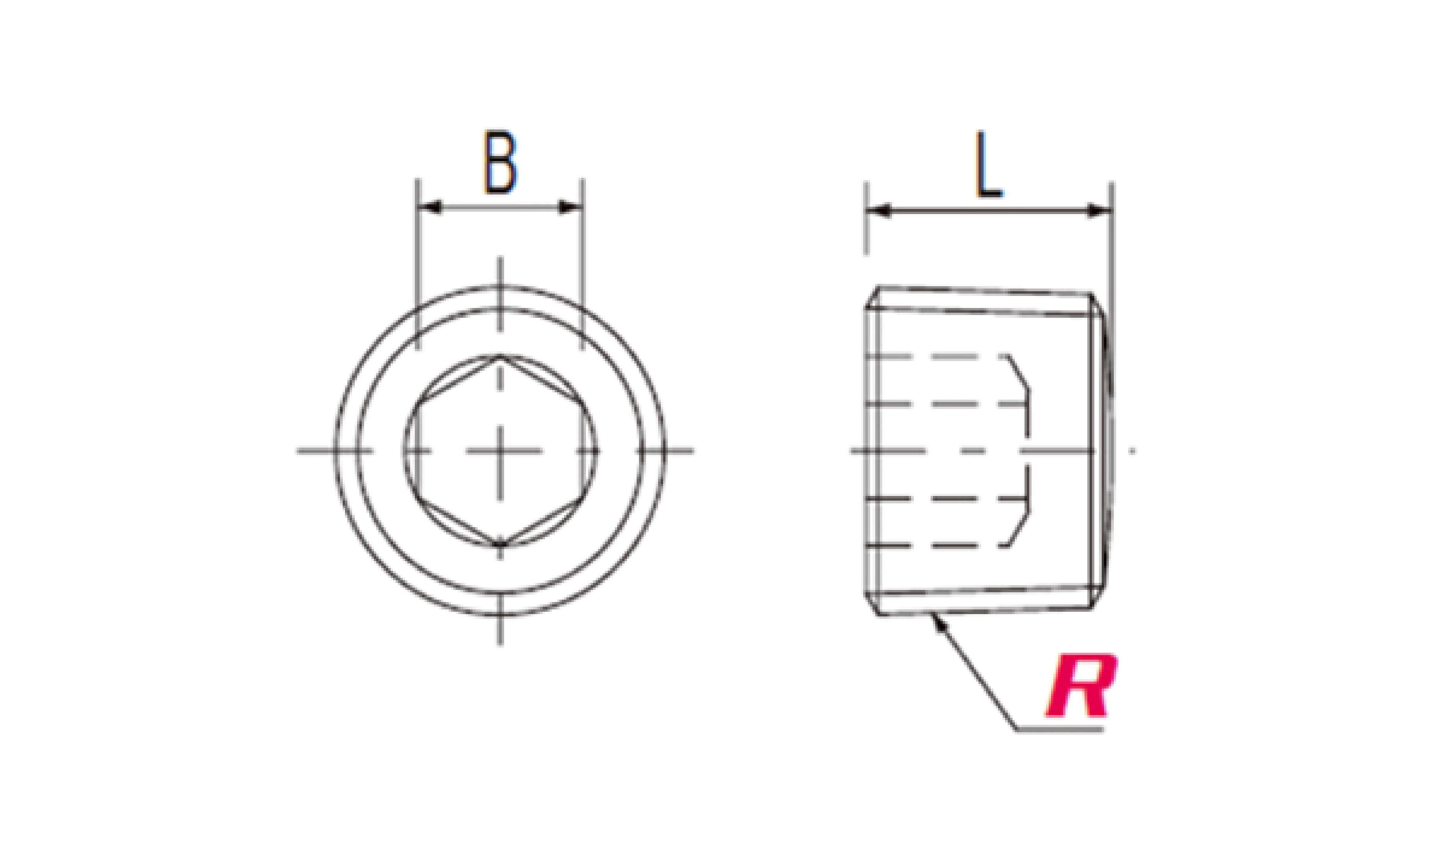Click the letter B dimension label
coord(500,162)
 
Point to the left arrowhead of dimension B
coord(430,207)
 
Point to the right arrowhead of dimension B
coord(570,207)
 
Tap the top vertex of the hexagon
coord(500,356)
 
